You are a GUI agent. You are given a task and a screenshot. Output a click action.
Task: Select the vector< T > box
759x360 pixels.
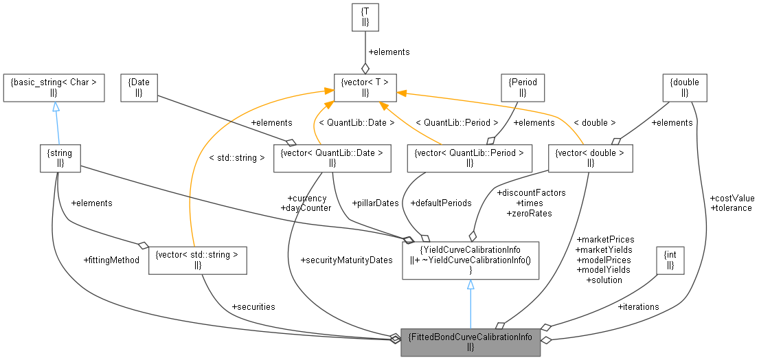[x=365, y=87]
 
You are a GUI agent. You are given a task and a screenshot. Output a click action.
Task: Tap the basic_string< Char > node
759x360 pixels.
[x=54, y=87]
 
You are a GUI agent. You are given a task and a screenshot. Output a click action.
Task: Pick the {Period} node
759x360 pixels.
[x=523, y=87]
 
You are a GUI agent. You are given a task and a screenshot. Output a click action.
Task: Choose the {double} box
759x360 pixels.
[x=685, y=87]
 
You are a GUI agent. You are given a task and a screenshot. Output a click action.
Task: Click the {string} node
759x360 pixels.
[x=60, y=157]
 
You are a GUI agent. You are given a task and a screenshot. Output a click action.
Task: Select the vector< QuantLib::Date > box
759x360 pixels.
[x=332, y=157]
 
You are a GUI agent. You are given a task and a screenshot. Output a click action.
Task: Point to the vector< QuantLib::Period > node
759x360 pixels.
[x=470, y=157]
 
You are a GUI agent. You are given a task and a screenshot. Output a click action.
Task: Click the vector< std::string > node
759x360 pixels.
[x=198, y=260]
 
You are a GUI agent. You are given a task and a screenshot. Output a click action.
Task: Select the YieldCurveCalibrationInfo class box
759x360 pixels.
[x=471, y=260]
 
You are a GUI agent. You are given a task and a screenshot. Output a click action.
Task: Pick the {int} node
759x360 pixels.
[x=671, y=260]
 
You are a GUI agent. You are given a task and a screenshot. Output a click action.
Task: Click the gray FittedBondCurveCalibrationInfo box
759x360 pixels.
[x=471, y=341]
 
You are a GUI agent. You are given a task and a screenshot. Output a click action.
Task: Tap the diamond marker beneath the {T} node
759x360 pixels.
[x=365, y=68]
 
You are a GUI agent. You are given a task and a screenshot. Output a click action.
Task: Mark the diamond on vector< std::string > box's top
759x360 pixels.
[x=144, y=244]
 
